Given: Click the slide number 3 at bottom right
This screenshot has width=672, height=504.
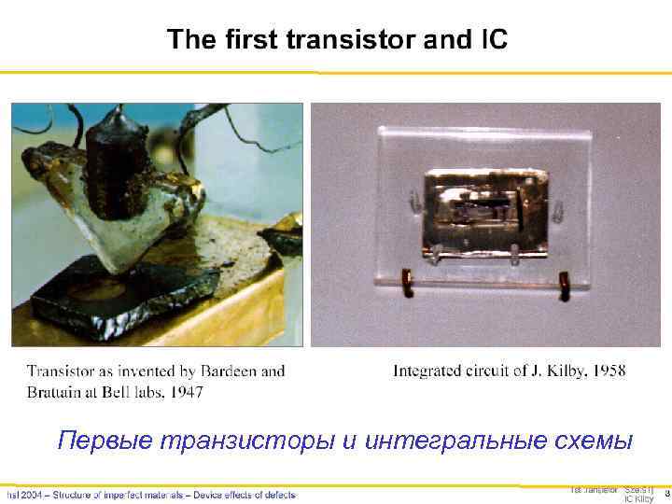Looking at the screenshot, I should [x=666, y=492].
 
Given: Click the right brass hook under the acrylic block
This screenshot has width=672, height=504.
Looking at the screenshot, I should [x=563, y=282].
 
